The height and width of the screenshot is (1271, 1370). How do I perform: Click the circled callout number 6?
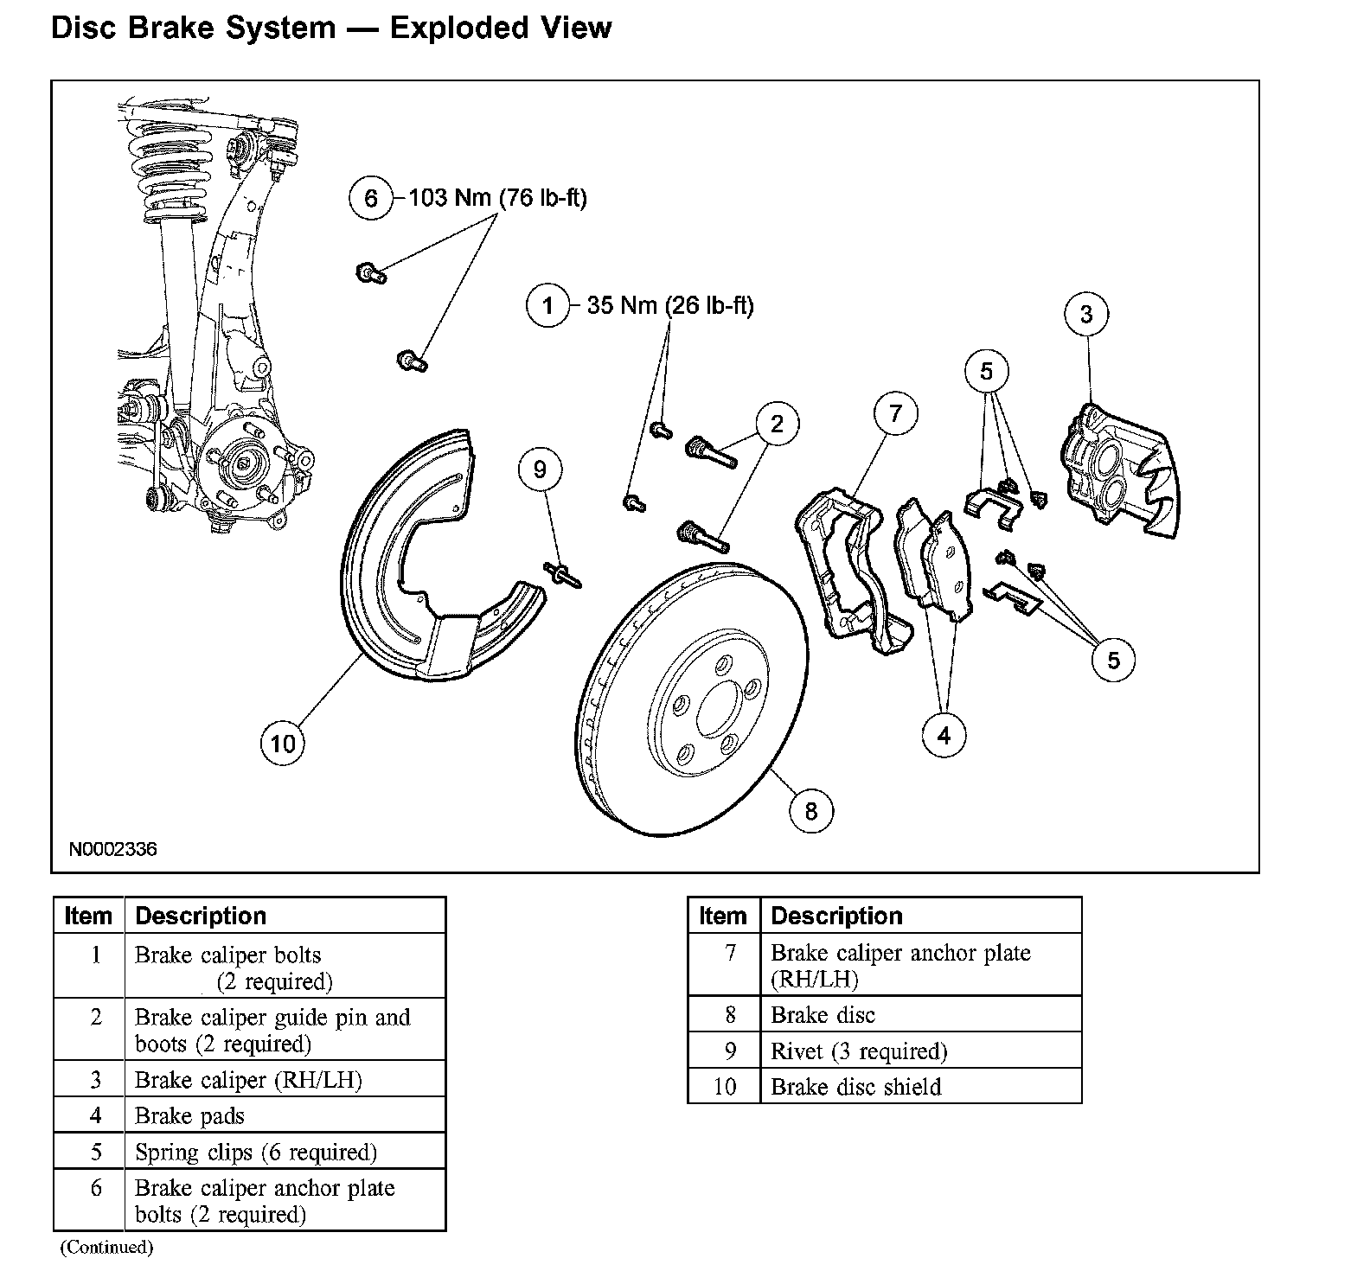tap(371, 199)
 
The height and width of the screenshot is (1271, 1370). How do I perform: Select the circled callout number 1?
tap(547, 305)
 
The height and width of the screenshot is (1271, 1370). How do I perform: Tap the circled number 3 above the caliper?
tap(1086, 315)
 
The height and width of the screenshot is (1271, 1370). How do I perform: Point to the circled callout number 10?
tap(283, 744)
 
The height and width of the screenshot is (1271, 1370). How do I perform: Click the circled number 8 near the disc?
tap(810, 811)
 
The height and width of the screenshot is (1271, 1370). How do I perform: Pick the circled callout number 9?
tap(541, 469)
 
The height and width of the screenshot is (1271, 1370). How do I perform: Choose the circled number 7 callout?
tap(895, 413)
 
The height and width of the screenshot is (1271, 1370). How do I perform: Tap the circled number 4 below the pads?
tap(944, 736)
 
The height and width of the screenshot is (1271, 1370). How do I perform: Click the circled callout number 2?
tap(777, 424)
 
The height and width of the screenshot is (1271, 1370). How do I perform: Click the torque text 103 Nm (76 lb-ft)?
tap(497, 199)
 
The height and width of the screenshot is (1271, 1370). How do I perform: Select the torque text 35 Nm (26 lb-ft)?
tap(670, 305)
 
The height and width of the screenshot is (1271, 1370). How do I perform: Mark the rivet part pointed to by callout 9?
tap(562, 572)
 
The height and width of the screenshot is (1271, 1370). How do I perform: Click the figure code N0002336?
tap(113, 849)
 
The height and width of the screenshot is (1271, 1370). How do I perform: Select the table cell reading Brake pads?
tap(190, 1116)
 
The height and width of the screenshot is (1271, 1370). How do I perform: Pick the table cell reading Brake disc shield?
tap(855, 1087)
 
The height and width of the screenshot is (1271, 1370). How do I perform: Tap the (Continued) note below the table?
tap(106, 1247)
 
